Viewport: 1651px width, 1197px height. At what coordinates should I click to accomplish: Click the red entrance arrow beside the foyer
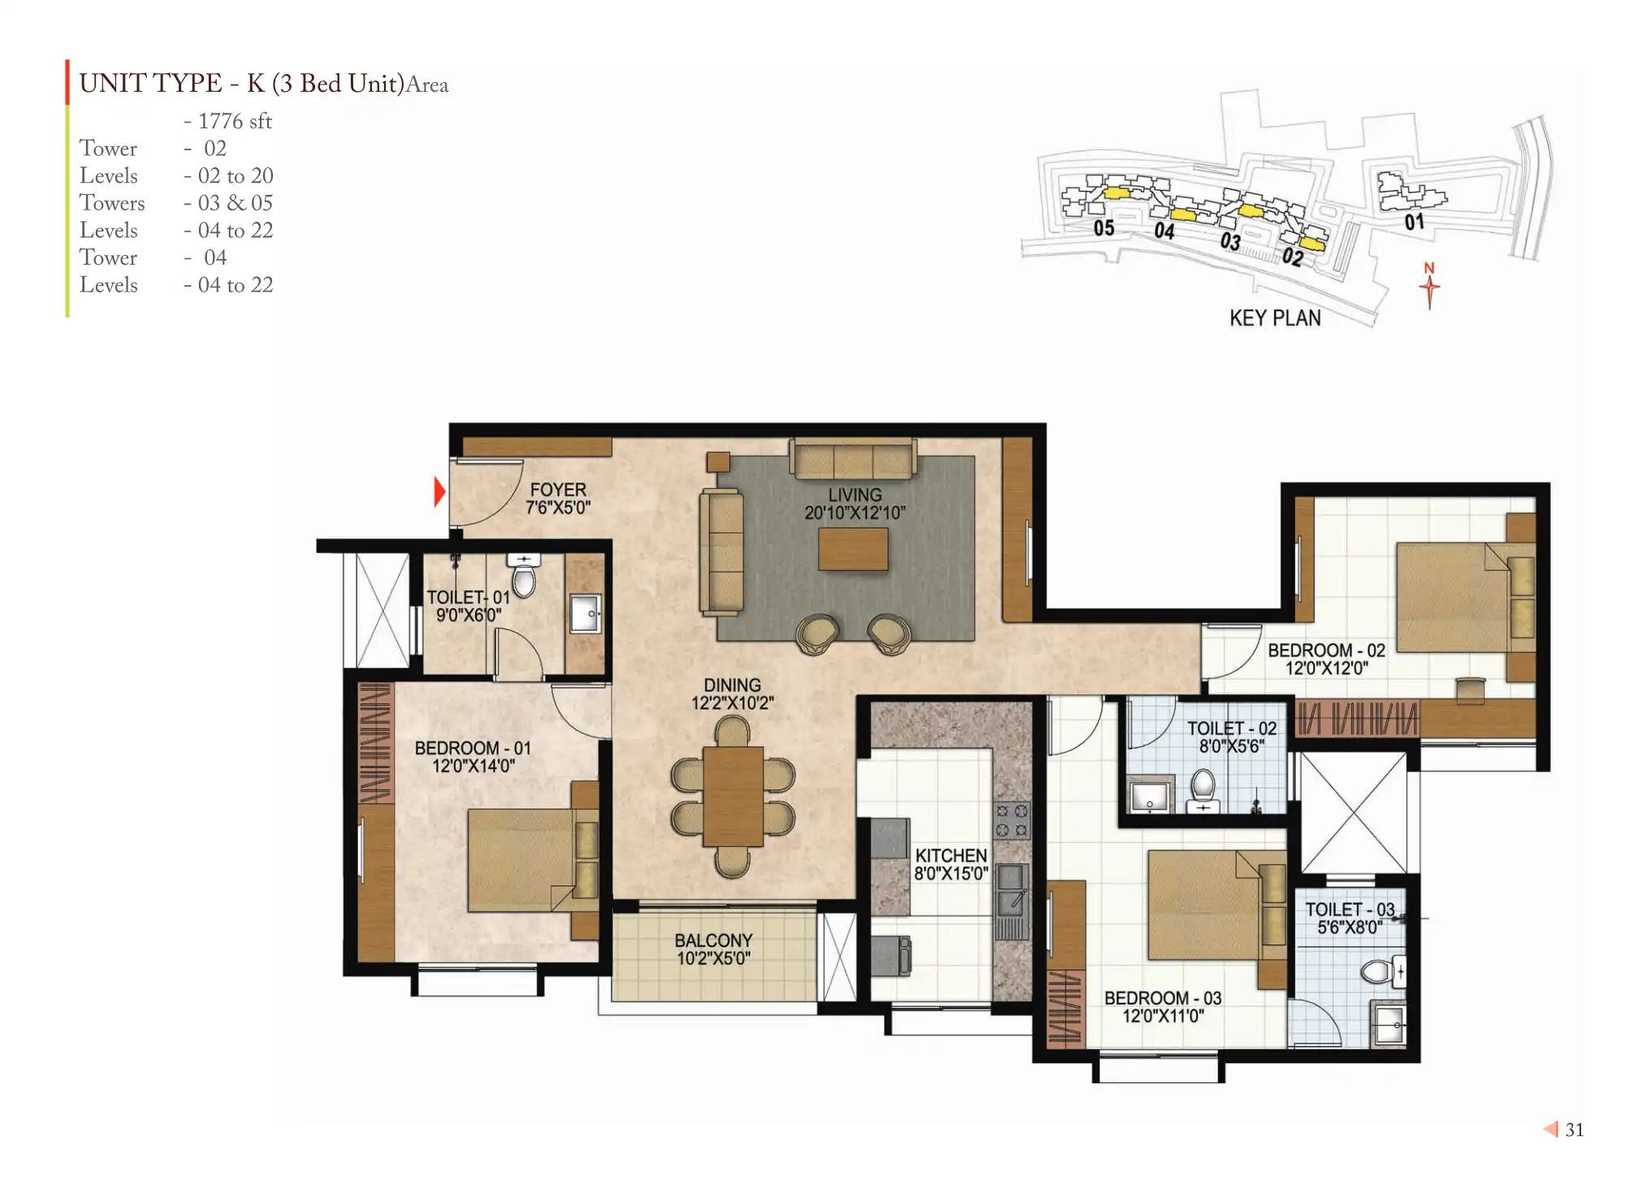[439, 491]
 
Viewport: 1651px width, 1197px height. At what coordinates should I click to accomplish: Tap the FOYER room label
[558, 490]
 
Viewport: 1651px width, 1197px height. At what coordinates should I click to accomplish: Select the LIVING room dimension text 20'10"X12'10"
[854, 512]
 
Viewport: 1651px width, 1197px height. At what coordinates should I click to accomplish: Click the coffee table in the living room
[853, 549]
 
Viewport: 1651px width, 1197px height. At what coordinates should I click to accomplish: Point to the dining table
[733, 797]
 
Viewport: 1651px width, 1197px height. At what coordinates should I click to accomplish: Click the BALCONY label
[713, 940]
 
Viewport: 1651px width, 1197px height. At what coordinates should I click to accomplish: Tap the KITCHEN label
[951, 856]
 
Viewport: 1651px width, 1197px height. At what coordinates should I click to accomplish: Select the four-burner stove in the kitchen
[1012, 820]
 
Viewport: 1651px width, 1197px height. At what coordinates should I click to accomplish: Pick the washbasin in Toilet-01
[585, 614]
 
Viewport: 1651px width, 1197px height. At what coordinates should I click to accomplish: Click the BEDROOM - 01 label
[473, 748]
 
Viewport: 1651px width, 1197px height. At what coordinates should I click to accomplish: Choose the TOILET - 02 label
[1232, 728]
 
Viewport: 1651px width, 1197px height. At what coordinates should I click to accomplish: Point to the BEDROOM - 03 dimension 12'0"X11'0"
[1163, 1016]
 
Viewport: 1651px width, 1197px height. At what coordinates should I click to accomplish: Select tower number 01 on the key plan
[1414, 222]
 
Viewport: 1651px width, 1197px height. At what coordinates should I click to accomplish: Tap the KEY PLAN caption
[1275, 318]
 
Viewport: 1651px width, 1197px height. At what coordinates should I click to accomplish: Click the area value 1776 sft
[235, 121]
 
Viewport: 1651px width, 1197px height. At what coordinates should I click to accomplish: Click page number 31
[1575, 1130]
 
